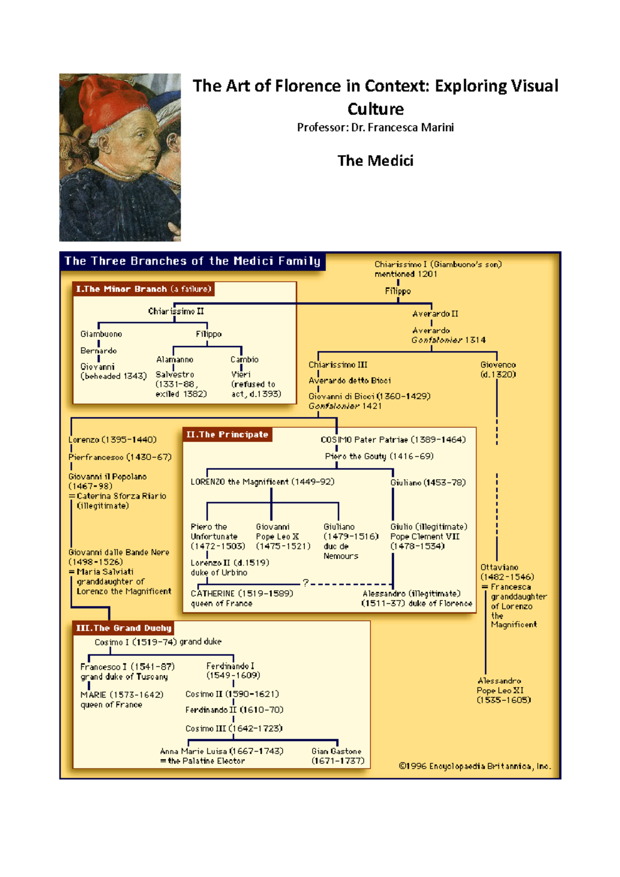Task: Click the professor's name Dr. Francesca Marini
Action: coord(402,128)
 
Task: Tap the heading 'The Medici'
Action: coord(375,161)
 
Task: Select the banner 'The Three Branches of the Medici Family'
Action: coord(192,261)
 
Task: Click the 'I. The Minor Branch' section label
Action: coord(143,289)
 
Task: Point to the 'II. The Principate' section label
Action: coord(227,435)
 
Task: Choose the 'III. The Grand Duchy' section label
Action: coord(123,628)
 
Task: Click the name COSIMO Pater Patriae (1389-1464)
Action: coord(393,440)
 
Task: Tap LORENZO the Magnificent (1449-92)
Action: coord(262,482)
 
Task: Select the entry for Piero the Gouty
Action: coord(379,456)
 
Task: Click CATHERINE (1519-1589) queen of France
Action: coord(241,598)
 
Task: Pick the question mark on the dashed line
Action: coord(306,583)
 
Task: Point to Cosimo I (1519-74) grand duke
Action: coord(158,642)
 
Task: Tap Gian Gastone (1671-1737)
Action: coord(337,756)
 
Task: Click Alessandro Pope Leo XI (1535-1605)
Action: coord(503,690)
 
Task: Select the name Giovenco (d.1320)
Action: coord(498,369)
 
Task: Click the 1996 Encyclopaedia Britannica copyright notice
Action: coord(474,766)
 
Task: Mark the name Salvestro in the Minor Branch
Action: coord(175,374)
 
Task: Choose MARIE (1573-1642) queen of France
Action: coord(121,699)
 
